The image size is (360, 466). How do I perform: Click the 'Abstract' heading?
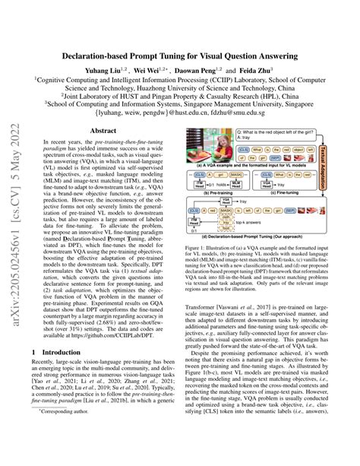pos(103,131)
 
